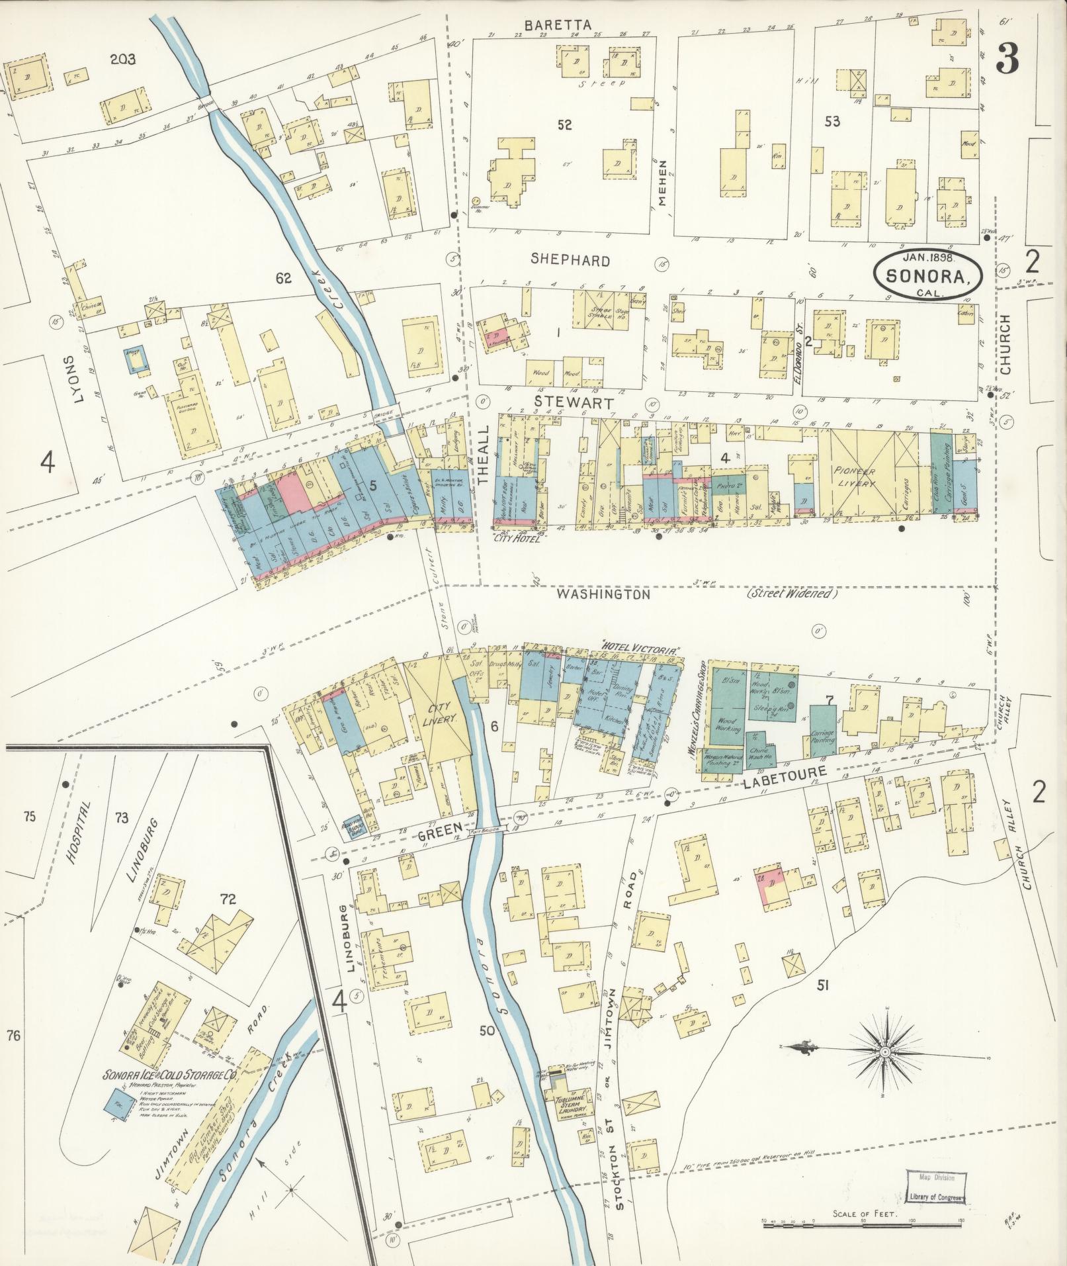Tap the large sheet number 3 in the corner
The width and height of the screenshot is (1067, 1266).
pyautogui.click(x=1007, y=60)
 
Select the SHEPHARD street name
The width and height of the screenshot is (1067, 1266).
pyautogui.click(x=570, y=261)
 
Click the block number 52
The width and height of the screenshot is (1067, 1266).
pyautogui.click(x=564, y=124)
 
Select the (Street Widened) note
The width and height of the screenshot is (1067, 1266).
pyautogui.click(x=792, y=594)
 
